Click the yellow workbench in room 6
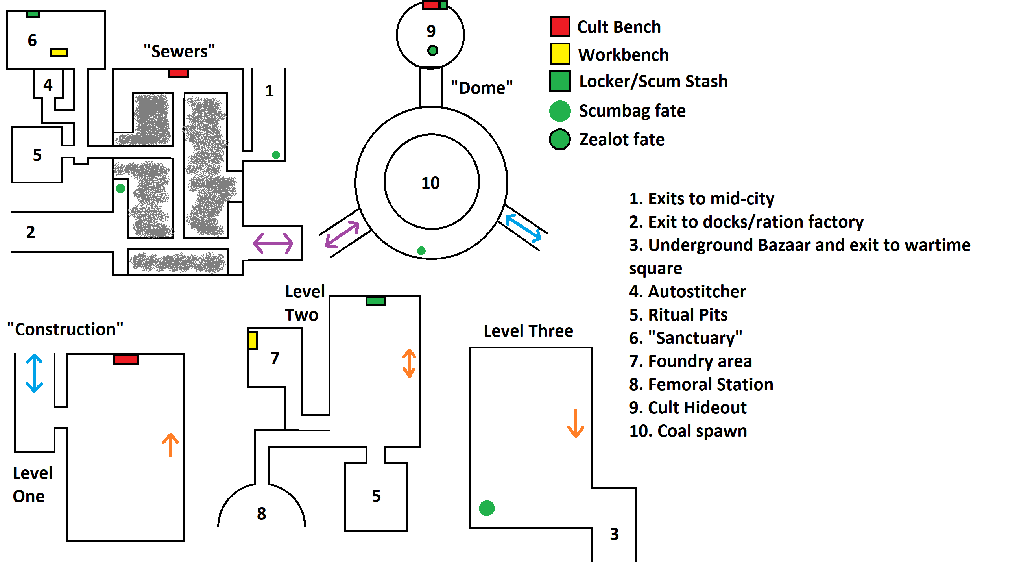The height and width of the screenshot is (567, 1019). point(59,53)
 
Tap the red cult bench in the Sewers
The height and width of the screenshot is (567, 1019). point(178,73)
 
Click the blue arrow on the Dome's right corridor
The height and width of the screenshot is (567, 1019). point(523,228)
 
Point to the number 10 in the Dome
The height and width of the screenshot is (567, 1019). point(430,183)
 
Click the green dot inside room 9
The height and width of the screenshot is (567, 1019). point(433,51)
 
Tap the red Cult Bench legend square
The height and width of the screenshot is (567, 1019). point(560,26)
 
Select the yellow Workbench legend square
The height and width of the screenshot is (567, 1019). point(560,54)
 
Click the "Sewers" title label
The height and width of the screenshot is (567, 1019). point(179,52)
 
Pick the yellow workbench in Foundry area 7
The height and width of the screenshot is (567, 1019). point(253,341)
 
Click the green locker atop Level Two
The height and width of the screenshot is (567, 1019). point(375,301)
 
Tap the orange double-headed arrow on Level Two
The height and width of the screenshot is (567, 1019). point(409,363)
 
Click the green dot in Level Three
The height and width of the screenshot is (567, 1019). point(487,508)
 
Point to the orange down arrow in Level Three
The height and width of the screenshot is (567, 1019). point(576,424)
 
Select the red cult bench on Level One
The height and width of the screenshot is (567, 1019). point(126,359)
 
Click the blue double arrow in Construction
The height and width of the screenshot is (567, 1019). point(34,373)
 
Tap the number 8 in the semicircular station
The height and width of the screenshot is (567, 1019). point(262,513)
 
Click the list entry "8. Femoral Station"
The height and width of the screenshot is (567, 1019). point(701,384)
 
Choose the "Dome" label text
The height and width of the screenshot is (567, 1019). point(482,88)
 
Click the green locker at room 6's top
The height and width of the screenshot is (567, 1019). point(33,14)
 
